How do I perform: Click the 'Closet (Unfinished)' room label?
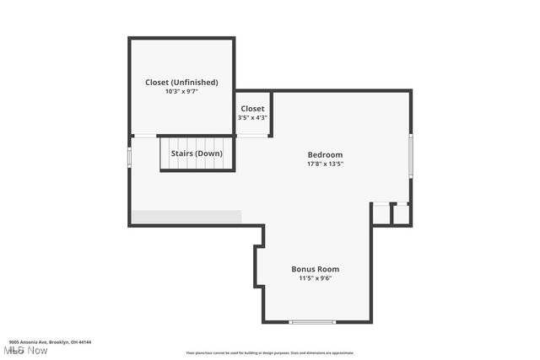(181, 82)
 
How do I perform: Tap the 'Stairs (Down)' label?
(197, 153)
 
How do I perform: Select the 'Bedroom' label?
(325, 154)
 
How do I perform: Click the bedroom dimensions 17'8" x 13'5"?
(325, 164)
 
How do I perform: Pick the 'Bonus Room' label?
(316, 269)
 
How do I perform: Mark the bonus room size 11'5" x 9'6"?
(316, 278)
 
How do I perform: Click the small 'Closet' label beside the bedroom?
(253, 109)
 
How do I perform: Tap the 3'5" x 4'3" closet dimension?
(253, 118)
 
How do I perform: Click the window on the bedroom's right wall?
(411, 155)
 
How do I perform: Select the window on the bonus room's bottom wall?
(312, 321)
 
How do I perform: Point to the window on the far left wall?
(129, 157)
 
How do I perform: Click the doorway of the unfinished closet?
(145, 136)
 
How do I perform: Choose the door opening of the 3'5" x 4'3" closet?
(252, 136)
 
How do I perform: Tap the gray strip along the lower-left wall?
(186, 217)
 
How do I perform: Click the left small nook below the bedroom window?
(382, 214)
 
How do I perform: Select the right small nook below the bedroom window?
(402, 214)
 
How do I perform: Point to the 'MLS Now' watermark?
(25, 350)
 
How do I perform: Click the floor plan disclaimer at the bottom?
(270, 353)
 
